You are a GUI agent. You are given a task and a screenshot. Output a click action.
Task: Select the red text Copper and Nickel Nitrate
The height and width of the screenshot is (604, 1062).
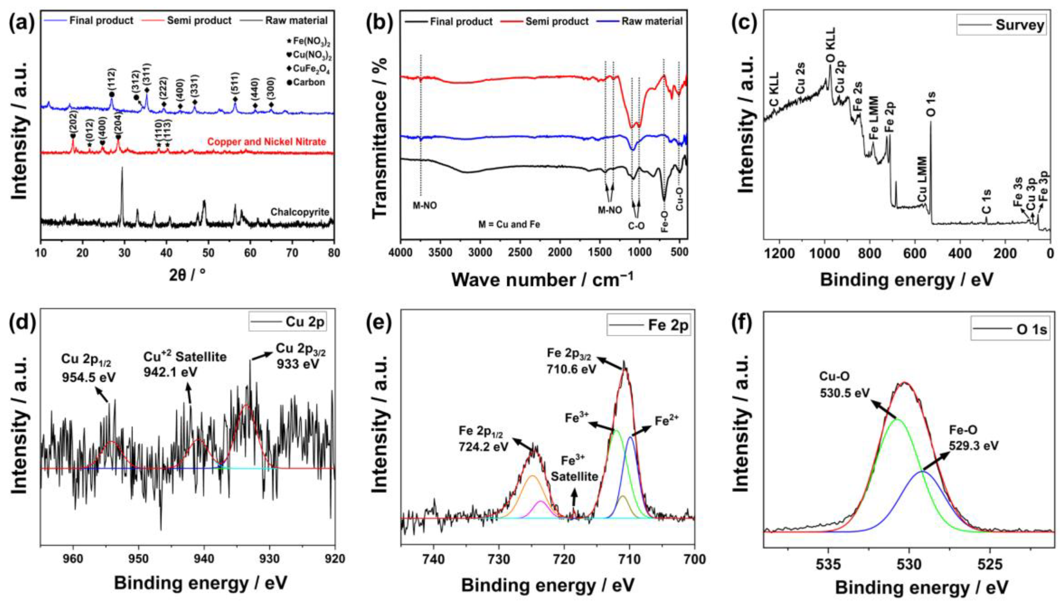pos(267,142)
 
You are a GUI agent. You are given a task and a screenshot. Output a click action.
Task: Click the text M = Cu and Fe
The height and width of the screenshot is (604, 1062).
pos(509,225)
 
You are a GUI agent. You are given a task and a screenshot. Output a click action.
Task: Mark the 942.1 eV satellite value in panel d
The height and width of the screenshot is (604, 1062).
pos(171,372)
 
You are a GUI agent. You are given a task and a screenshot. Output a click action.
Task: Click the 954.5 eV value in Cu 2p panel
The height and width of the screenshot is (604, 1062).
pos(89,377)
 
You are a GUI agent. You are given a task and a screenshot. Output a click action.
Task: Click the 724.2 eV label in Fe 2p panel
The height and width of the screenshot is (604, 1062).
pos(483,446)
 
